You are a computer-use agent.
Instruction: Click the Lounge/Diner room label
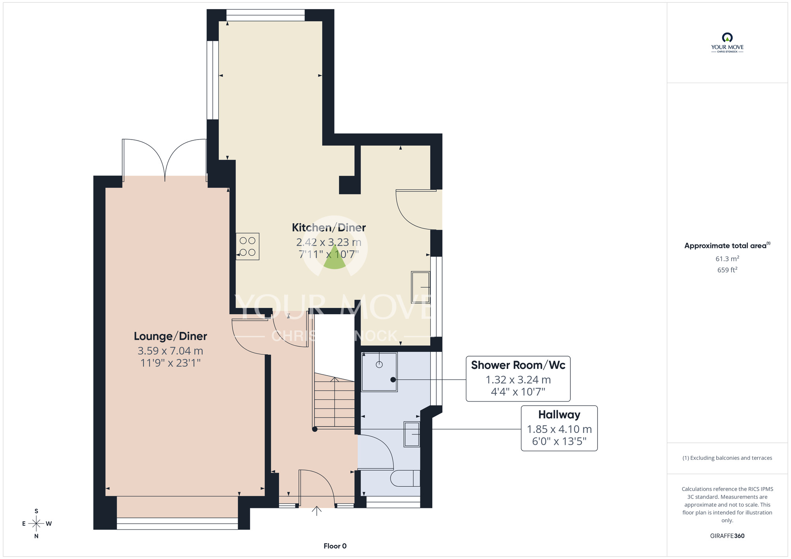pos(170,336)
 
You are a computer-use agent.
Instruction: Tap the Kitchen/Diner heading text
pos(329,228)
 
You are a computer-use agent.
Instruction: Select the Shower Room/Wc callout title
pos(518,365)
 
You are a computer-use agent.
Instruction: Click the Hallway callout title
pos(559,415)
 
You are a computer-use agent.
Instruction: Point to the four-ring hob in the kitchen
pos(248,246)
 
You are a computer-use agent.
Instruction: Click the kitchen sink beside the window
pos(420,287)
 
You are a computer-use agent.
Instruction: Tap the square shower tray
pos(379,372)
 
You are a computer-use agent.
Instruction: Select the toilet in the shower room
pos(405,478)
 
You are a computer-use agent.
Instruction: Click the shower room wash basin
pos(411,434)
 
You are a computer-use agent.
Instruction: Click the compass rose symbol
pos(36,524)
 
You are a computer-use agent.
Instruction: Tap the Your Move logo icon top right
pos(727,38)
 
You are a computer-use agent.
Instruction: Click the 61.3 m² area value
pos(727,259)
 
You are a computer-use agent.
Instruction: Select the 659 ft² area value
pos(727,270)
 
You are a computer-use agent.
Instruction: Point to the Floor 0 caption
pos(335,546)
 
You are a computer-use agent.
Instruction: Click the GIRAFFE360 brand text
pos(727,536)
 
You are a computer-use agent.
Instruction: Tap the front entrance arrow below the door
pos(316,511)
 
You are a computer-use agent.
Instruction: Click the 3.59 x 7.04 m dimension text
pos(170,351)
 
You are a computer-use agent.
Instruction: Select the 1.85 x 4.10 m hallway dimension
pos(559,429)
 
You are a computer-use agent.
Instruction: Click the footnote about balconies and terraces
pos(727,458)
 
